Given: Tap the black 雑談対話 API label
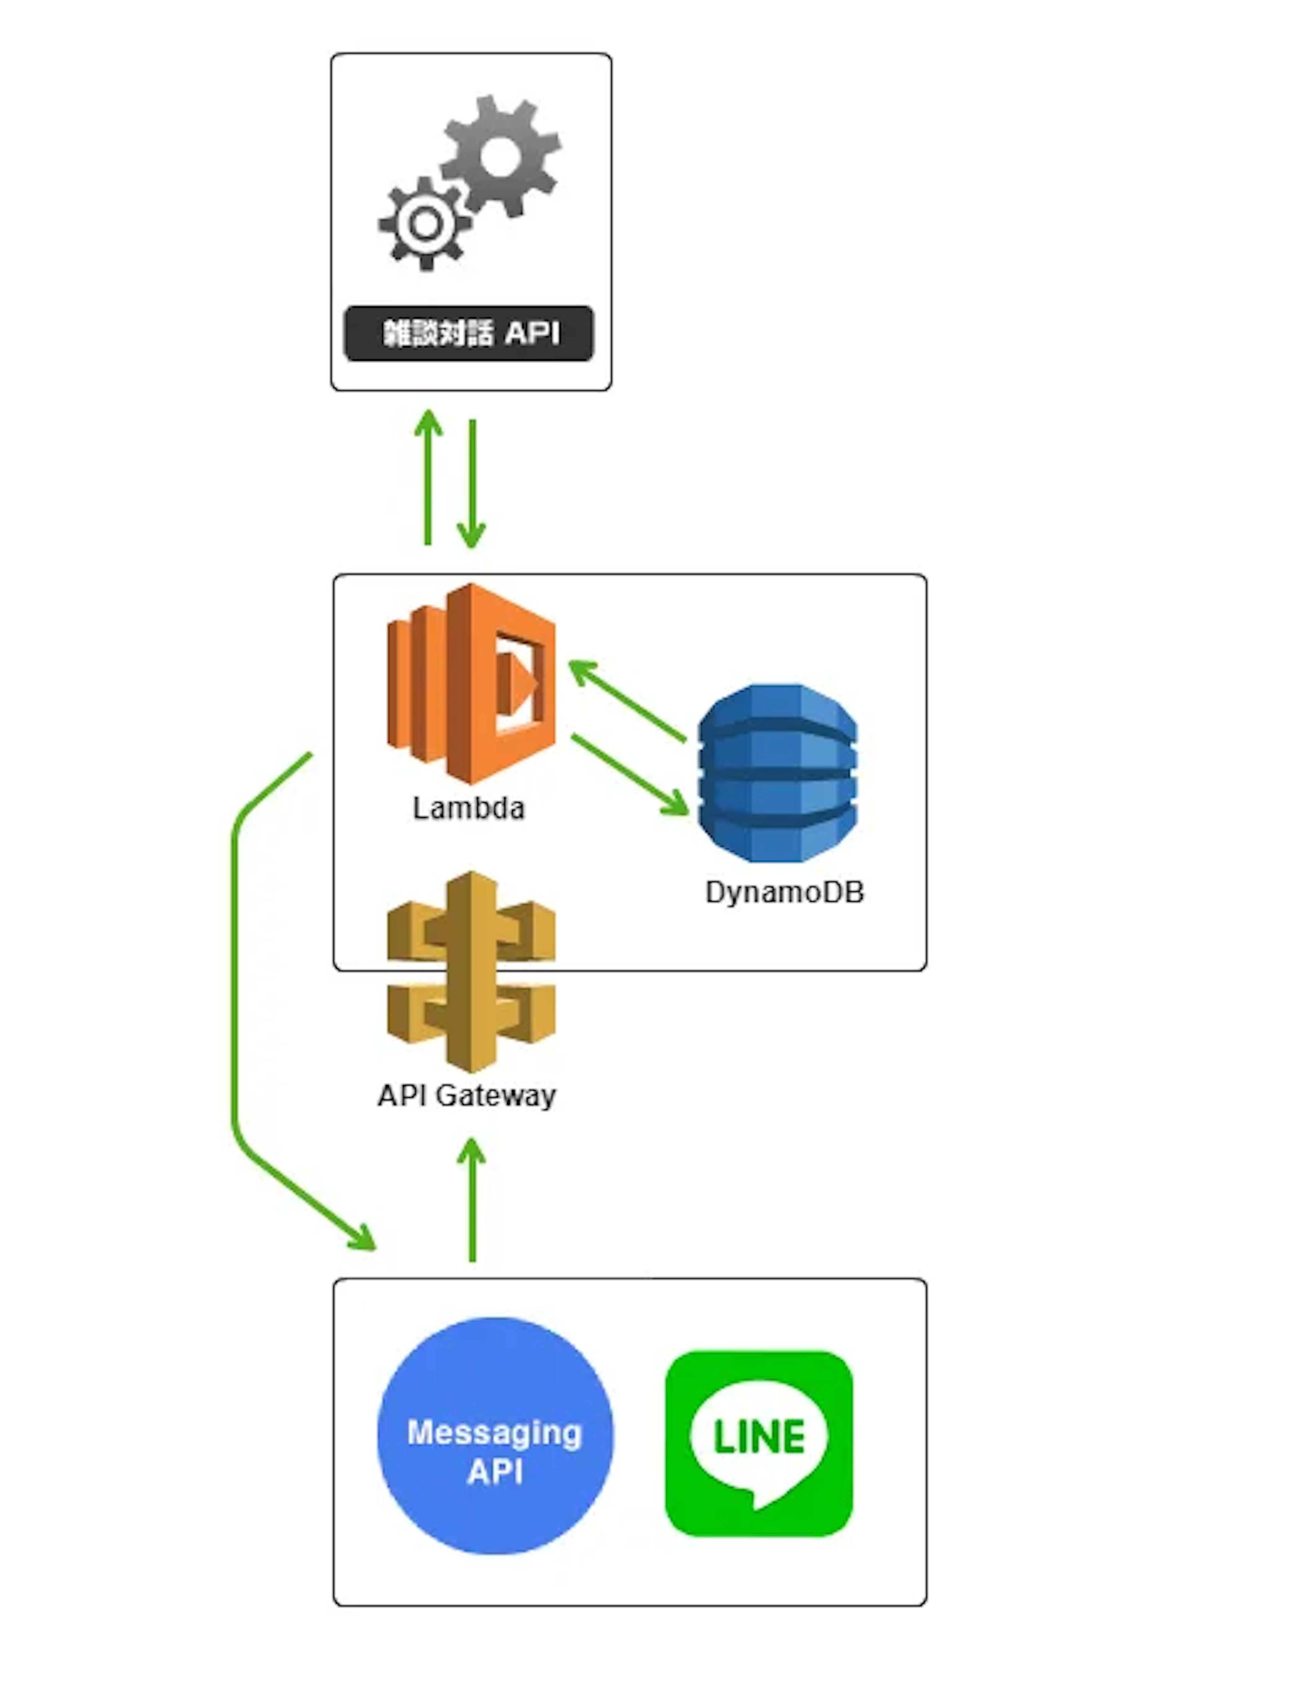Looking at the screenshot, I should pos(469,334).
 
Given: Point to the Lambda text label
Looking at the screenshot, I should pos(469,808).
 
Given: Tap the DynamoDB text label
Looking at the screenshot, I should pos(784,892).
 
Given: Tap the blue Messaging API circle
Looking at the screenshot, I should pos(495,1435).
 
